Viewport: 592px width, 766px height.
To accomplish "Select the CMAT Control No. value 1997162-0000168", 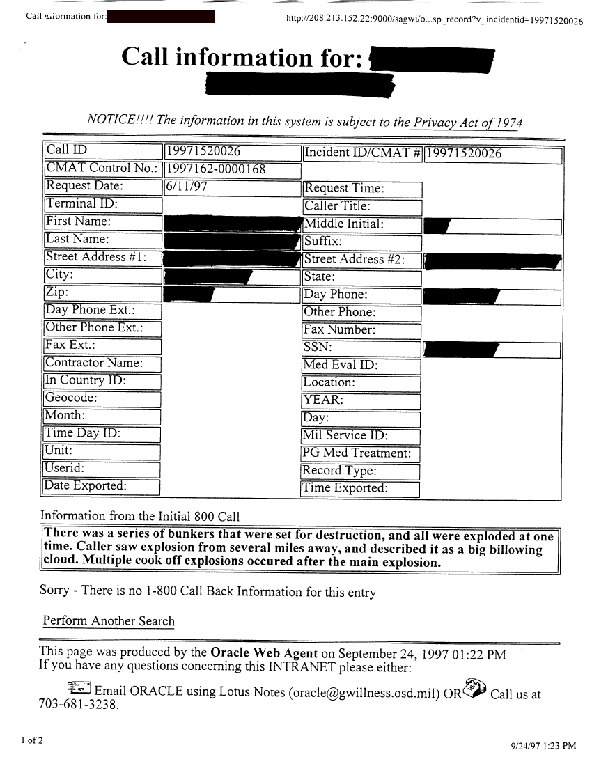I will pyautogui.click(x=216, y=169).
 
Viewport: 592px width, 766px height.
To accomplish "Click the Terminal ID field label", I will pyautogui.click(x=81, y=204).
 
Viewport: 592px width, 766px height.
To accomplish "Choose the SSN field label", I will pyautogui.click(x=318, y=347).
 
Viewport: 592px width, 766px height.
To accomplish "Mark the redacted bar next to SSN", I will pyautogui.click(x=462, y=348).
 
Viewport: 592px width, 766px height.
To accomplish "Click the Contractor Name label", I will pyautogui.click(x=94, y=363).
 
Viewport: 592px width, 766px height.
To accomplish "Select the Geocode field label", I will pyautogui.click(x=72, y=398).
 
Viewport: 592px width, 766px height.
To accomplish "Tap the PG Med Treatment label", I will pyautogui.click(x=356, y=453).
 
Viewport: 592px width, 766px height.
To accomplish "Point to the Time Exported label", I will pyautogui.click(x=344, y=488).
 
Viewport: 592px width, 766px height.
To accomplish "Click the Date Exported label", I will pyautogui.click(x=86, y=485).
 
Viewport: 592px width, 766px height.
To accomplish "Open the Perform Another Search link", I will pyautogui.click(x=109, y=621).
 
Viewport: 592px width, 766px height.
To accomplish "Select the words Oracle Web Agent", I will pyautogui.click(x=264, y=654).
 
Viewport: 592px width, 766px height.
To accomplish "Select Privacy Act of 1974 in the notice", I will pyautogui.click(x=467, y=122).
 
